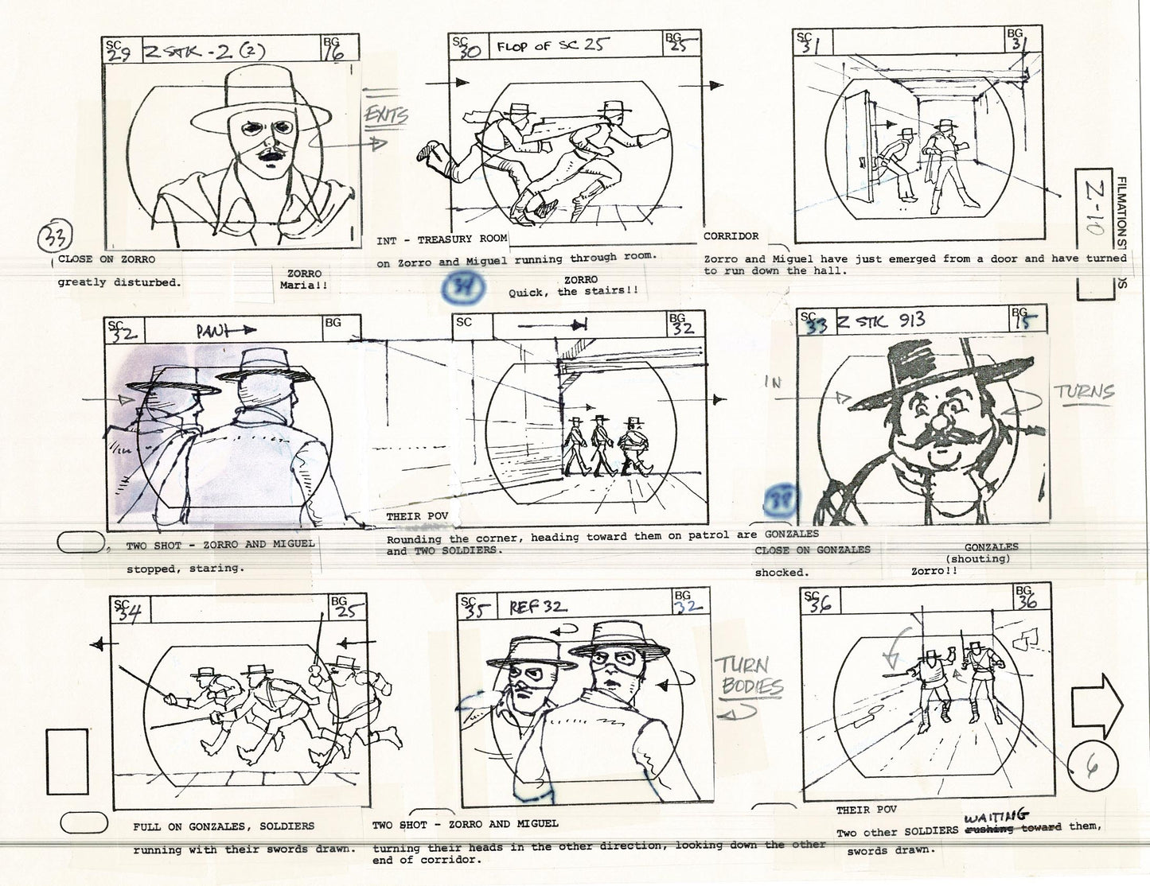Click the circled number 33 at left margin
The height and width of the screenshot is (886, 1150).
click(x=57, y=237)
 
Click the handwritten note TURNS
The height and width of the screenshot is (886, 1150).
click(x=1084, y=392)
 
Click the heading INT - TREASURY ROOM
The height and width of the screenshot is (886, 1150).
click(x=442, y=239)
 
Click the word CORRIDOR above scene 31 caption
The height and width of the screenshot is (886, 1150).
click(x=731, y=236)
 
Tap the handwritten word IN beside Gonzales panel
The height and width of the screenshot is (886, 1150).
click(x=773, y=383)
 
